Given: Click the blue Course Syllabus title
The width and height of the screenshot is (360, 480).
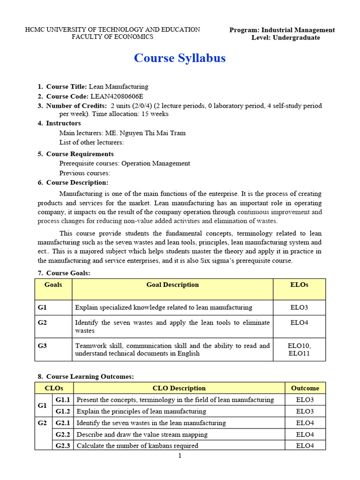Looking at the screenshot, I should pos(180,58).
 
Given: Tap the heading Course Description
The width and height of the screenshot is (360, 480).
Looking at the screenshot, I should pos(77,182).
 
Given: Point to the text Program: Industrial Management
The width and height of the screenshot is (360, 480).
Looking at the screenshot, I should pos(282,30).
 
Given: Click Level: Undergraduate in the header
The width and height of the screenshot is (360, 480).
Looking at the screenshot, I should pos(285,37).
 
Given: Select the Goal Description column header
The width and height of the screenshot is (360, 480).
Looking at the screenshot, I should pos(172,285).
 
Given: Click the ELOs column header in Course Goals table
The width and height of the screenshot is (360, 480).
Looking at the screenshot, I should pos(300,285).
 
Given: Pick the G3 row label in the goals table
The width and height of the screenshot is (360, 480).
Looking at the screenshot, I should pos(43,346).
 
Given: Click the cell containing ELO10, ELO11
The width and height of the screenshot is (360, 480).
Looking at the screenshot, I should pos(300,350).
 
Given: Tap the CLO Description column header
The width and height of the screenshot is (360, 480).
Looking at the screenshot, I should pos(179,388).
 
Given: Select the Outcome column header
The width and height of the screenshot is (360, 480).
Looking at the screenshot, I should pos(305,388).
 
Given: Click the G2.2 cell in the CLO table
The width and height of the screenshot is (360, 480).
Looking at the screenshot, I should pos(62,435).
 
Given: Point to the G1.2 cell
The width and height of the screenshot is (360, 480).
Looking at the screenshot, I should pos(62,412).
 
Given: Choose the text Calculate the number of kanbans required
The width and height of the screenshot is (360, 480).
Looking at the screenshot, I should pos(137,446).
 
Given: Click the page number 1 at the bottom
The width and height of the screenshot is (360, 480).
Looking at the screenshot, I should pos(180,456).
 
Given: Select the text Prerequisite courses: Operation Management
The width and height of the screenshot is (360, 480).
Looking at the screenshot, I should pos(125,164).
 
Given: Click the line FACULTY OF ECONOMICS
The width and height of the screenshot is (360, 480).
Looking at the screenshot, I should pos(112,37).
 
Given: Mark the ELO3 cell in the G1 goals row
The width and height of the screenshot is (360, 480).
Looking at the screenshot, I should pos(300,307).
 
